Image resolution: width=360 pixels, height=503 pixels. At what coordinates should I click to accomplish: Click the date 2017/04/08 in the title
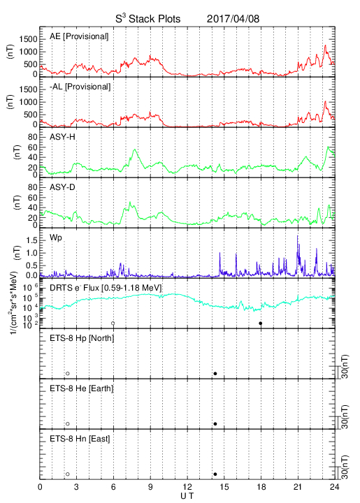click(x=233, y=19)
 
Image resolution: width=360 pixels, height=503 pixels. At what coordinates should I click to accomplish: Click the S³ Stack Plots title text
click(x=148, y=18)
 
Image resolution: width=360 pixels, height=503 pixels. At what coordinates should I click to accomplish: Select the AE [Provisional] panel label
click(x=79, y=36)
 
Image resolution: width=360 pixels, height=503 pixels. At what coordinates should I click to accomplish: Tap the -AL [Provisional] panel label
click(x=80, y=87)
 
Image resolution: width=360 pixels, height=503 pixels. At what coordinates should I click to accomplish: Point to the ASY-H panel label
click(x=62, y=137)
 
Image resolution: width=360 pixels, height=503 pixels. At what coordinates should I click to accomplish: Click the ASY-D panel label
click(x=62, y=187)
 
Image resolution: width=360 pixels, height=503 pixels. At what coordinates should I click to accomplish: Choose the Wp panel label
click(x=55, y=238)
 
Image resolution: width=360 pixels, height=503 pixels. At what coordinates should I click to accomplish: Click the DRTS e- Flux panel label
click(x=106, y=288)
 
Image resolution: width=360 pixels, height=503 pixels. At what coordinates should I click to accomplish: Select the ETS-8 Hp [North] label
click(x=82, y=338)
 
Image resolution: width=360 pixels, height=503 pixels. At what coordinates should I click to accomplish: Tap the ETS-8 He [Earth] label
click(x=82, y=388)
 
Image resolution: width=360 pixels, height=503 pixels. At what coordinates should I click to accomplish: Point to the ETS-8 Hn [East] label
click(x=80, y=439)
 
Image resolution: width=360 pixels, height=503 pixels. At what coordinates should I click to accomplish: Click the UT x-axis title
click(x=187, y=496)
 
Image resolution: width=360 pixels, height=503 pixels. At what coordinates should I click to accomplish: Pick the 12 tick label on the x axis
click(x=187, y=487)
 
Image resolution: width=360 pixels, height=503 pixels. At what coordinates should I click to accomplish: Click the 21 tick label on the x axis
click(x=298, y=487)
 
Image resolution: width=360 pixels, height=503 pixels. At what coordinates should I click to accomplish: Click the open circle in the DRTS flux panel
click(x=113, y=323)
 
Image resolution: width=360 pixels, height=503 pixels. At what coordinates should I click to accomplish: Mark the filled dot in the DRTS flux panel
click(x=261, y=323)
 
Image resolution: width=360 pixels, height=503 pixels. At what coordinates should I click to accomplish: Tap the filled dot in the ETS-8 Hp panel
click(x=215, y=373)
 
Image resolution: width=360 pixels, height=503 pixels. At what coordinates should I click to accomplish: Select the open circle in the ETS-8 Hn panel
click(x=68, y=474)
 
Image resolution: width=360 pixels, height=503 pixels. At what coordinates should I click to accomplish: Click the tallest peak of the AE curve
click(x=325, y=45)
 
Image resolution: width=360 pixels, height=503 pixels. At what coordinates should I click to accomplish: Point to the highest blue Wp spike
click(x=297, y=236)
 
